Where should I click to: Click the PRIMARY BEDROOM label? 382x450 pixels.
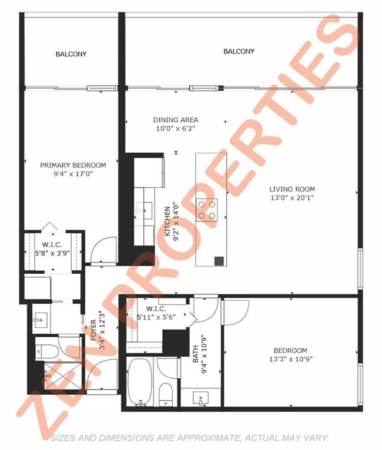tap(73, 165)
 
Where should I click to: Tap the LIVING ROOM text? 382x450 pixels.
tap(292, 189)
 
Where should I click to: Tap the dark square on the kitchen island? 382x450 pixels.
tap(219, 261)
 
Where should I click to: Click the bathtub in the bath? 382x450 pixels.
tap(140, 382)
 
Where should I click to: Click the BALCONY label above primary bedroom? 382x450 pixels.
tap(71, 55)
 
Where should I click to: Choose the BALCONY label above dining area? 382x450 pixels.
tap(239, 52)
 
